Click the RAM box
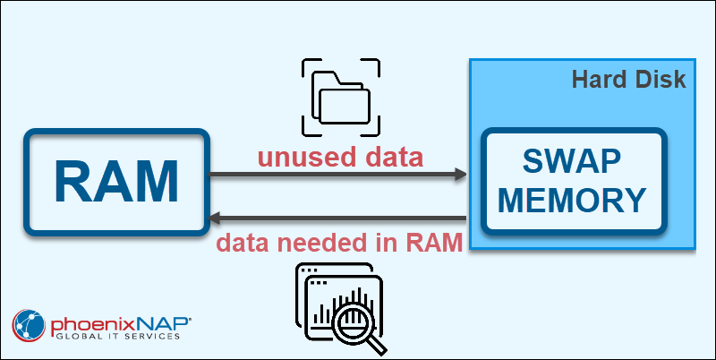point(116,182)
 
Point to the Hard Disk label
point(628,80)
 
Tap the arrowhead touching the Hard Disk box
point(460,175)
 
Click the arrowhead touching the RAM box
point(216,218)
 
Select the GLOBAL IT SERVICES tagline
point(116,338)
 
